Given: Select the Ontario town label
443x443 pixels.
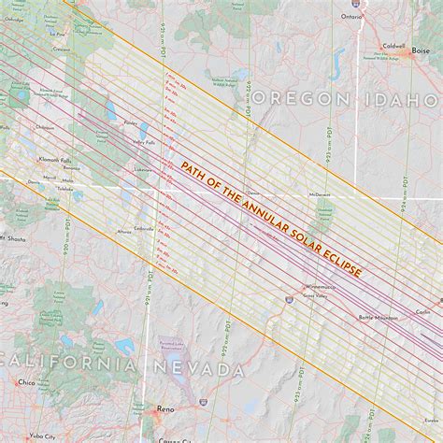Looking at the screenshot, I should [350, 16].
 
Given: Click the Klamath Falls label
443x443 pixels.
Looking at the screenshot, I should [45, 160].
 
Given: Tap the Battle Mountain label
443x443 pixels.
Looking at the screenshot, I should [378, 318].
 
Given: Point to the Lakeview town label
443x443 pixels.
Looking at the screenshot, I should [142, 170].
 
